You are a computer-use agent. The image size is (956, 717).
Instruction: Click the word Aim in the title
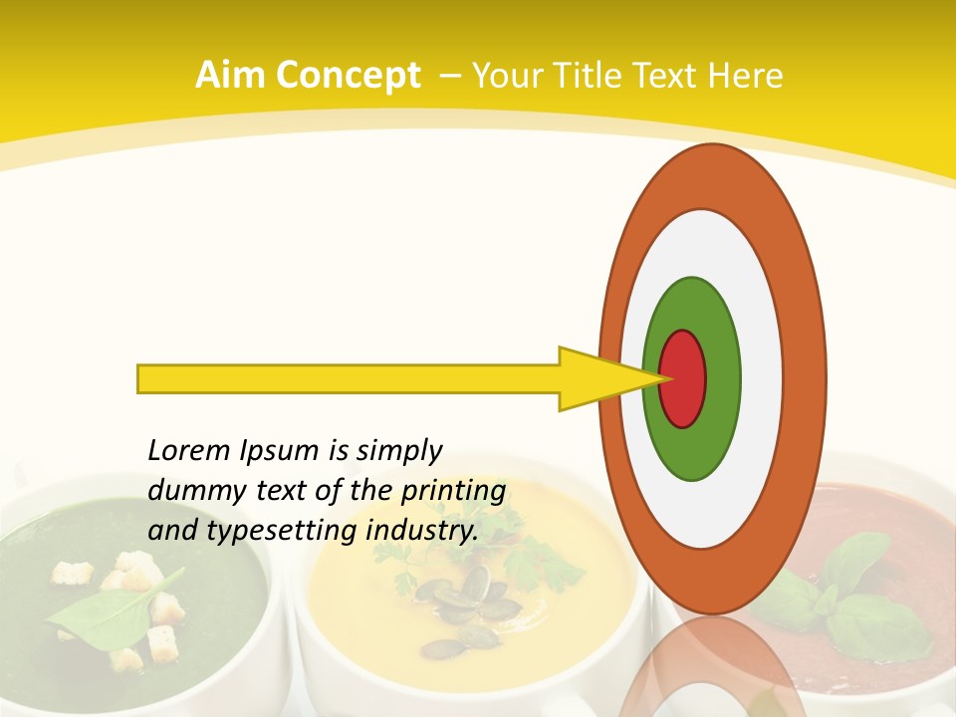coord(230,76)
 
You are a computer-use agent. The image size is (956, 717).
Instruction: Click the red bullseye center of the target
coord(683,378)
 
